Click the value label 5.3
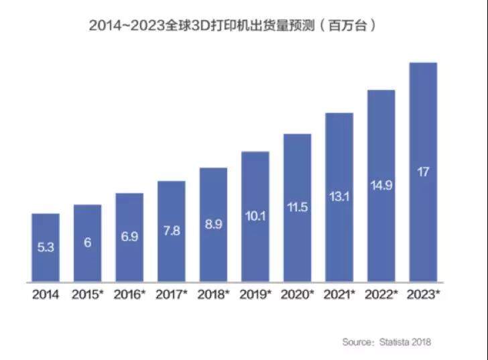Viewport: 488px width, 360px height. (x=46, y=247)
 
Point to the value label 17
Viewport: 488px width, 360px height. (x=423, y=172)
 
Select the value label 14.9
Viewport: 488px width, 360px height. (x=381, y=186)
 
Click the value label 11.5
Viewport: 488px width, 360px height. (x=297, y=207)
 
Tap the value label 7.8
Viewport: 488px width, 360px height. (x=172, y=231)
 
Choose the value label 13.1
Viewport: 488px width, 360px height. (x=339, y=196)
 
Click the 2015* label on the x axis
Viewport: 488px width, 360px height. (x=88, y=294)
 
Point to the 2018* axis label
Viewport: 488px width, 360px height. (x=214, y=294)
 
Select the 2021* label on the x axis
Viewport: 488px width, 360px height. (x=339, y=294)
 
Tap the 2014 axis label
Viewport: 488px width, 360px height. (x=46, y=294)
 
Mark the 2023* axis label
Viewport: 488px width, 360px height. (x=423, y=294)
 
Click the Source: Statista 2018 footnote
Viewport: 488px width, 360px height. (x=387, y=342)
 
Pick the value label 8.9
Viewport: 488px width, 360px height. (x=214, y=225)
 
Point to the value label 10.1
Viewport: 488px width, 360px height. (x=255, y=216)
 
